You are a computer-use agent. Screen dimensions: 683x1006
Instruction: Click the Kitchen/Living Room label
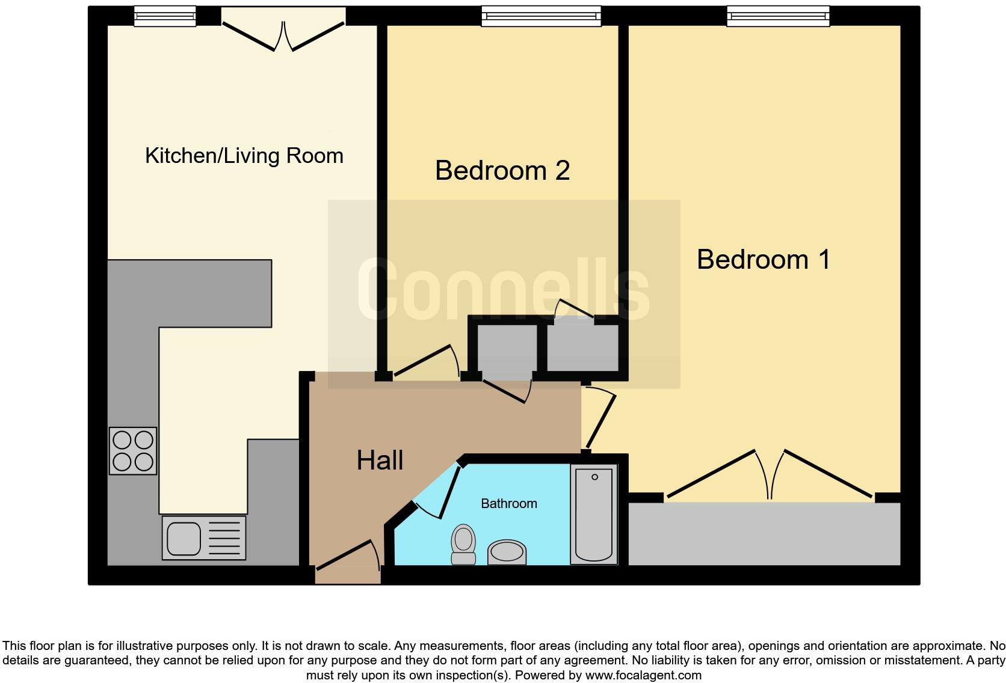pos(244,156)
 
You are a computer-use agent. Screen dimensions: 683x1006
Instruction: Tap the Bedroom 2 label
pos(502,171)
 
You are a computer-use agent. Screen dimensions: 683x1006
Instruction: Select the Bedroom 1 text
pos(763,260)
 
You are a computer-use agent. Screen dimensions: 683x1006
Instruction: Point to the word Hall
pos(380,461)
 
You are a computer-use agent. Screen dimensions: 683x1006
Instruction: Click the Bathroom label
pos(508,504)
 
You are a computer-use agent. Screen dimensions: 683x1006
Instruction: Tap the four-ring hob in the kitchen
pos(133,451)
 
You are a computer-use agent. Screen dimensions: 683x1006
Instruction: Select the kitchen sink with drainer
pos(204,538)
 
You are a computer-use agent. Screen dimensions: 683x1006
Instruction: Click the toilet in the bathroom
pos(463,544)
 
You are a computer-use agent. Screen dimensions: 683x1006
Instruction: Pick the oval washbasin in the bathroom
pos(507,552)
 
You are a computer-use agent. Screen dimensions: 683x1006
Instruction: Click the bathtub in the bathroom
pos(594,514)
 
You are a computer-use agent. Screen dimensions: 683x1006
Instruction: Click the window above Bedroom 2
pos(541,16)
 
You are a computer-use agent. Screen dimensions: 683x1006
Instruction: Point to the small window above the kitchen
pos(164,16)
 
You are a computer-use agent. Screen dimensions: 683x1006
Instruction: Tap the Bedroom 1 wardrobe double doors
pos(769,475)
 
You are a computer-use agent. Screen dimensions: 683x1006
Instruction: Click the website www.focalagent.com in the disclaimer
pos(643,675)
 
